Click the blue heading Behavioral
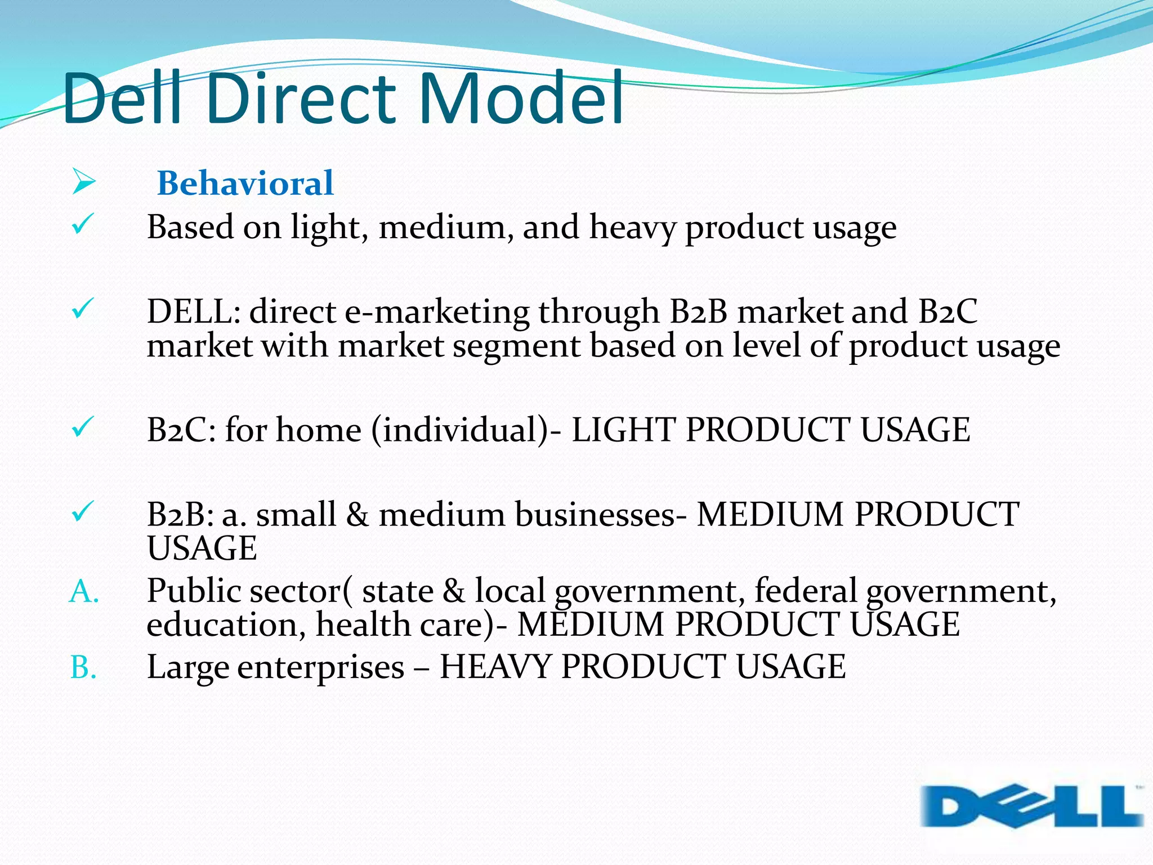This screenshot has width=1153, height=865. [x=245, y=183]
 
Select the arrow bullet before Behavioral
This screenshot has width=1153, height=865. [x=84, y=182]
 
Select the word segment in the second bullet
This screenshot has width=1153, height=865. [x=516, y=346]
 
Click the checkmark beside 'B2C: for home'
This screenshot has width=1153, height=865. [x=82, y=427]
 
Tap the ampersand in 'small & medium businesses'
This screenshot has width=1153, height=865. [x=357, y=514]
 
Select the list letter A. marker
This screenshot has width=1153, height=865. [x=84, y=592]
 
